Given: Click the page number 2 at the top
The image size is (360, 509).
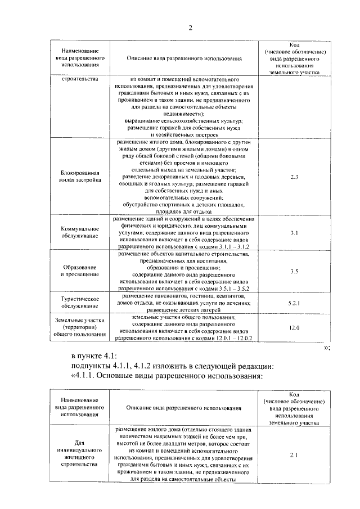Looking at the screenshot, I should pyautogui.click(x=190, y=28).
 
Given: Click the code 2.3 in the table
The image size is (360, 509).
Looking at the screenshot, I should pyautogui.click(x=294, y=177).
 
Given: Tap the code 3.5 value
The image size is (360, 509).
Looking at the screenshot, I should pyautogui.click(x=294, y=272).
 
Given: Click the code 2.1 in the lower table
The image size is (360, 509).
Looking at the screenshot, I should pyautogui.click(x=294, y=454).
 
